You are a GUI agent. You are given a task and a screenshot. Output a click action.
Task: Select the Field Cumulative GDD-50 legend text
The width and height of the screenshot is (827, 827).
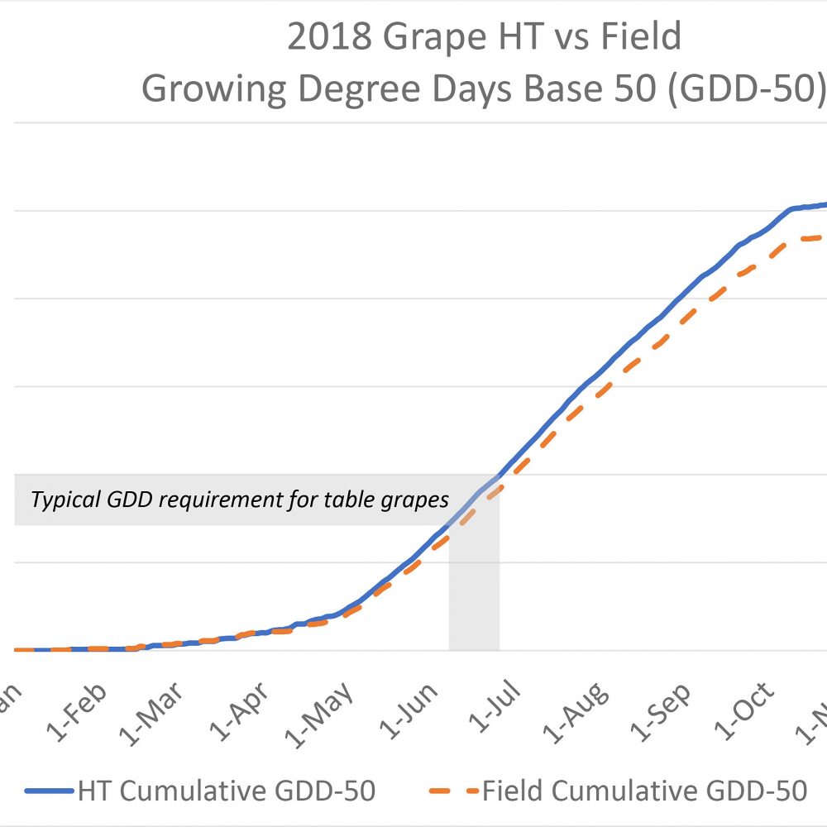(644, 791)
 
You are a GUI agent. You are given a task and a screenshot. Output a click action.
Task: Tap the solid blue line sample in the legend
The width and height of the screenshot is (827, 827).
(50, 791)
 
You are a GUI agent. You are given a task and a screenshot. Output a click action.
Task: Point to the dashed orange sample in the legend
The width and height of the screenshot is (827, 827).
(454, 791)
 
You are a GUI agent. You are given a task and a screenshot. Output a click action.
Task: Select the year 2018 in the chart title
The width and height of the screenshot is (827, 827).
(327, 38)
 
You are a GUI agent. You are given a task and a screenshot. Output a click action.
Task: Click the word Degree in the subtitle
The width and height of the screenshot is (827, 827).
(351, 90)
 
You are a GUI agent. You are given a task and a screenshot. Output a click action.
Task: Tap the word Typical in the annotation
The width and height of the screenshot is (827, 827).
(61, 500)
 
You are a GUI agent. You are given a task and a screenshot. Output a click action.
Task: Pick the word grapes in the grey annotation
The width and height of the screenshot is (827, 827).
(421, 500)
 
